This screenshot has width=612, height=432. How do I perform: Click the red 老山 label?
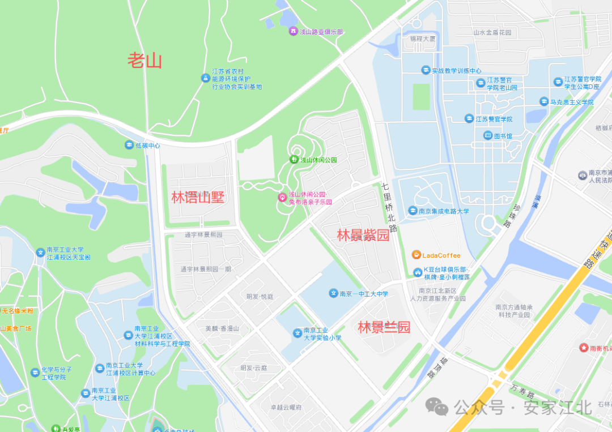click(144, 59)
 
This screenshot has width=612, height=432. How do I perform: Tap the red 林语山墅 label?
click(198, 197)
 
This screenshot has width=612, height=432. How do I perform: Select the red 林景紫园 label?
click(363, 235)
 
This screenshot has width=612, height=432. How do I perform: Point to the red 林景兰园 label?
click(384, 327)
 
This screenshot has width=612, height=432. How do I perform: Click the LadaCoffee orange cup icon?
click(416, 255)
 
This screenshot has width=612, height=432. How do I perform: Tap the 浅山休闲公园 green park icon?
click(294, 160)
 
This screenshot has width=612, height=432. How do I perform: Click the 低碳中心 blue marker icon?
click(129, 146)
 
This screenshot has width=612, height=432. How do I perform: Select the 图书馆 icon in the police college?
click(488, 136)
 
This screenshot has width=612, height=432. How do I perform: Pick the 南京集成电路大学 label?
click(444, 211)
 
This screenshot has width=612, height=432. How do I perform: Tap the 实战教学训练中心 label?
click(456, 71)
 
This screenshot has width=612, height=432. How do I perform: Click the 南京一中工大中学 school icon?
click(334, 293)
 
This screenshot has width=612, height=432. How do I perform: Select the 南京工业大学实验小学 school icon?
click(297, 333)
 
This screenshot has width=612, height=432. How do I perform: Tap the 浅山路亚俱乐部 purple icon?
click(293, 31)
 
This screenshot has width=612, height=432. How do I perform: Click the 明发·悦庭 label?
click(260, 296)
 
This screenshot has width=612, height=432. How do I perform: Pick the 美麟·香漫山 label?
click(222, 328)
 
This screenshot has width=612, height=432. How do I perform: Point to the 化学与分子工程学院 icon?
click(35, 373)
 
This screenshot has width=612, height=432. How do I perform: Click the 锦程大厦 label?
click(423, 39)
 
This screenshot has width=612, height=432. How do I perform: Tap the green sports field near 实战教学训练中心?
click(421, 96)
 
